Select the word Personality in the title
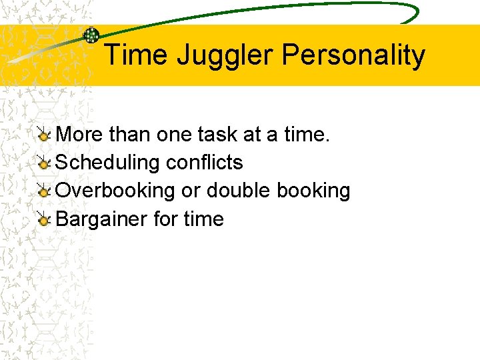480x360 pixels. (x=353, y=55)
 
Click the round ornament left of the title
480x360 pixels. (x=91, y=35)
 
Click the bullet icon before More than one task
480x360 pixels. (x=43, y=135)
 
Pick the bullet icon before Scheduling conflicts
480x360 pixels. (x=43, y=163)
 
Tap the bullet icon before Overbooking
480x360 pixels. (x=43, y=191)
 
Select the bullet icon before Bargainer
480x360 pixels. (x=43, y=219)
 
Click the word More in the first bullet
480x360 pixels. (x=79, y=135)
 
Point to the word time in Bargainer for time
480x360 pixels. (x=204, y=219)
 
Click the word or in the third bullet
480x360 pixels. (x=191, y=191)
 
